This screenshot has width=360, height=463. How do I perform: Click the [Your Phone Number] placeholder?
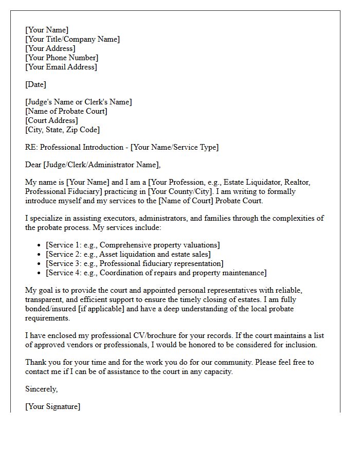coord(62,58)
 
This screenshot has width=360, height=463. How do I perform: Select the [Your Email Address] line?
coord(61,67)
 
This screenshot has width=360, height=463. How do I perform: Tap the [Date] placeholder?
coord(35,84)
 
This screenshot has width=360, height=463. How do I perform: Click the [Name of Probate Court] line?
coord(66,111)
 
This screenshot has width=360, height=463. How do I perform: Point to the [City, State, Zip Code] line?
coord(62,130)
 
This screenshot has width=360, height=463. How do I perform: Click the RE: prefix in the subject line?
coord(31,147)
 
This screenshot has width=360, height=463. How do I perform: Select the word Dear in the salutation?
coord(33,165)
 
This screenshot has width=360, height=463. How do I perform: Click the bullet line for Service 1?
coord(133,245)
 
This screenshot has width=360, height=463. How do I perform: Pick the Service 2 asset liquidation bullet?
coord(128,254)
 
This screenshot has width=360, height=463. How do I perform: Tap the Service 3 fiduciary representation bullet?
coord(134,263)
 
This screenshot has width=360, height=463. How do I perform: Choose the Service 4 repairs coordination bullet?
coord(156,273)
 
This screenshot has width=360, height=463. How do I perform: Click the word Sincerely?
coord(41,389)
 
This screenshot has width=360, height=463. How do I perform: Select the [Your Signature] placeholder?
coord(52,406)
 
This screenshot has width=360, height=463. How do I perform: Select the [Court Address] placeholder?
coord(51,120)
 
